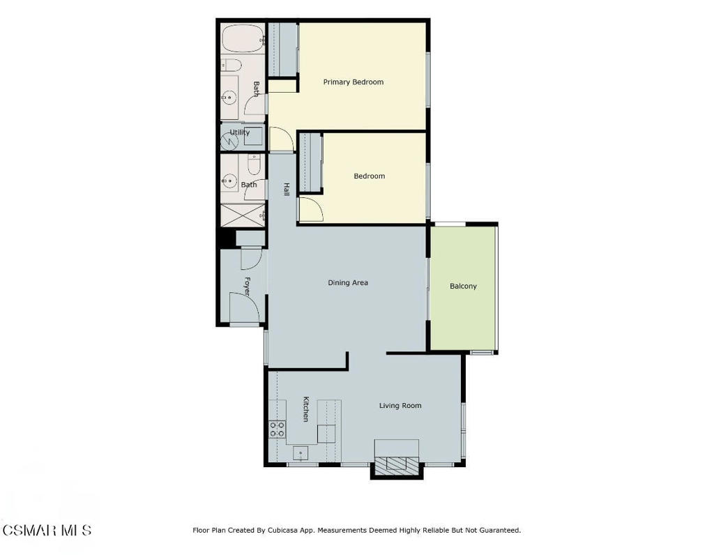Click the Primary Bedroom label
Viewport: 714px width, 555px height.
point(353,82)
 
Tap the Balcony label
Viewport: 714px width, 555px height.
point(463,286)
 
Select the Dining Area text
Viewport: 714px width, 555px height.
point(348,282)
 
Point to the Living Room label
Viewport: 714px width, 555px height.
point(400,405)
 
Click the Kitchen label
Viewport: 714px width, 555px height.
point(305,409)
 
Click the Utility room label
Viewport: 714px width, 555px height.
point(240,132)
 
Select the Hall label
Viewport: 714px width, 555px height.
point(286,188)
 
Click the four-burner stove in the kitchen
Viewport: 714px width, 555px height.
point(278,429)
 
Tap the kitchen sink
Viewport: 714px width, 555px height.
point(301,453)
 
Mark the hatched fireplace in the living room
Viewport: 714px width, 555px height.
point(397,465)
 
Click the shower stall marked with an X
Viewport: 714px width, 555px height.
point(242,215)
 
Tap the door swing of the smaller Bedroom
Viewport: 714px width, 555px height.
point(310,208)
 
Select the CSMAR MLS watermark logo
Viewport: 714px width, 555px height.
point(46,531)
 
